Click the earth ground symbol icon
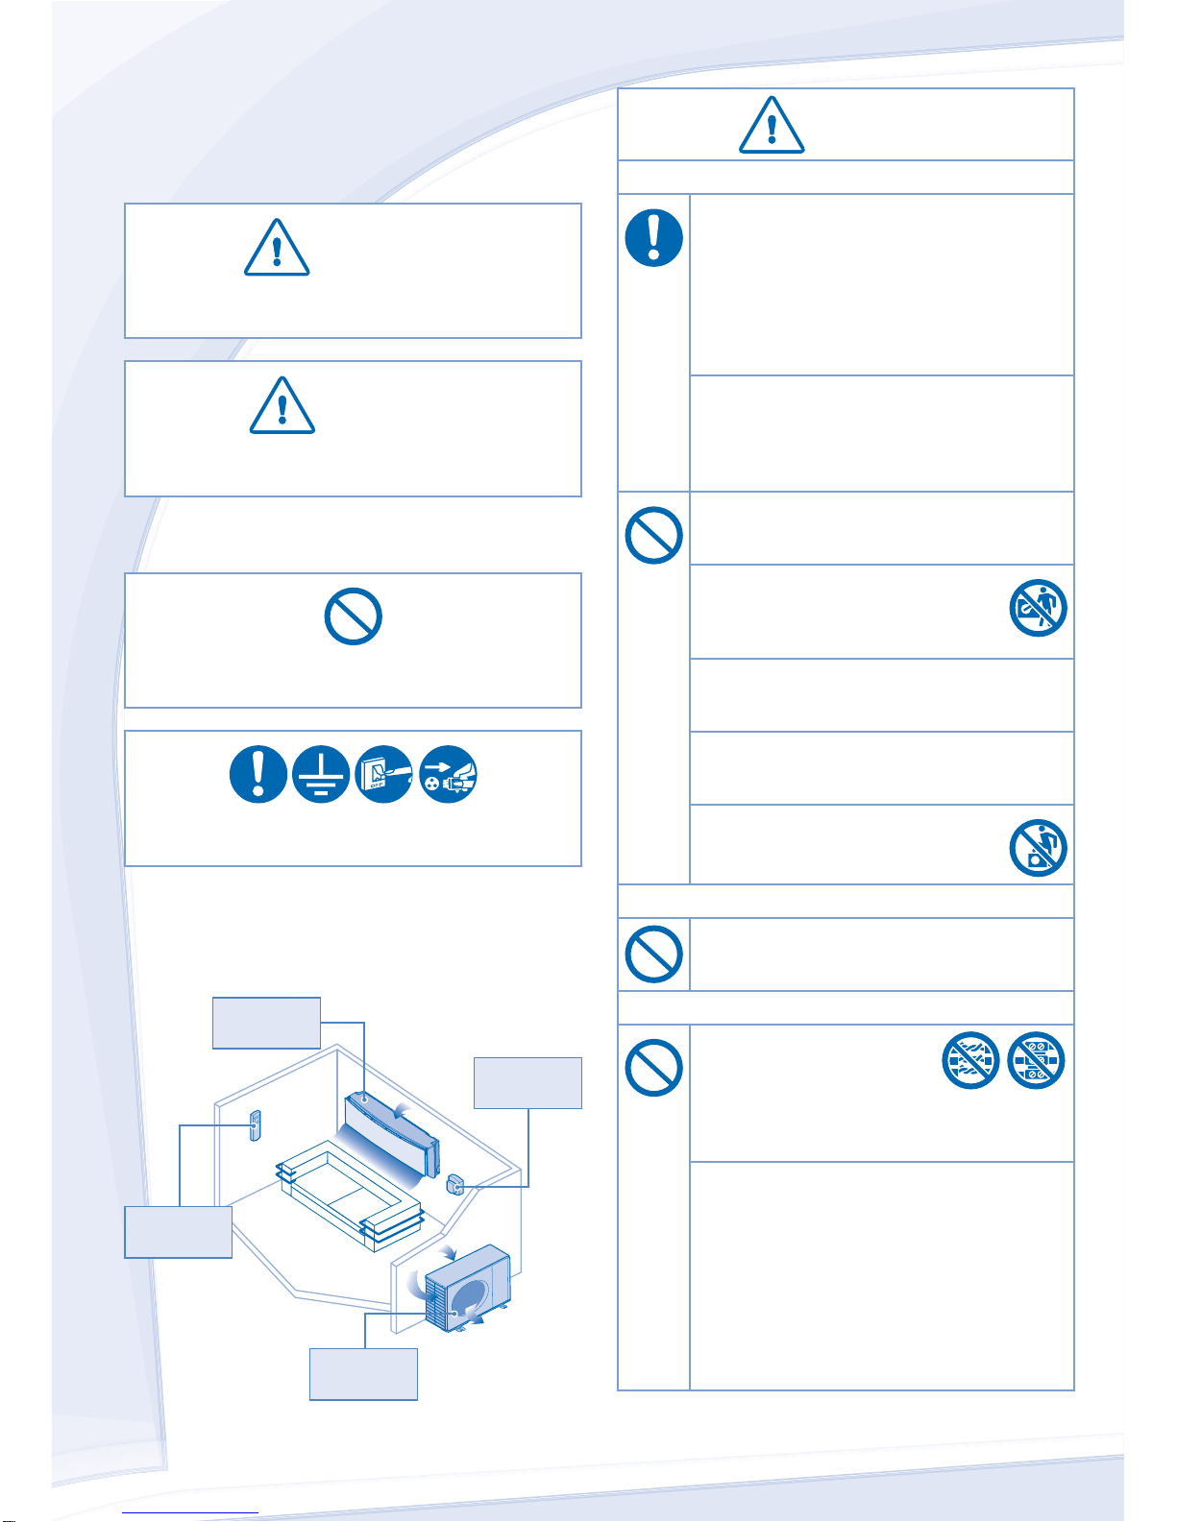point(321,775)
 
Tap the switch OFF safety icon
point(384,775)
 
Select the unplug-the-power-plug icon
point(449,775)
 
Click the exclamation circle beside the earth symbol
point(257,775)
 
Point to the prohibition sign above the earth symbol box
point(354,616)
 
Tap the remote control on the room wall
point(255,1125)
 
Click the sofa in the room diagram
point(351,1196)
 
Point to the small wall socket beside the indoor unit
point(456,1184)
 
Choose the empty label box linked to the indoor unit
point(266,1023)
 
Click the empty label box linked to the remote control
point(178,1232)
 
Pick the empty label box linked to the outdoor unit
point(363,1374)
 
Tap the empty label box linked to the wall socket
point(527,1083)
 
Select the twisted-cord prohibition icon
point(970,1061)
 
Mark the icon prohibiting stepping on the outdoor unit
point(1039,848)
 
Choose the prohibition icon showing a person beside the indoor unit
point(1039,608)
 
